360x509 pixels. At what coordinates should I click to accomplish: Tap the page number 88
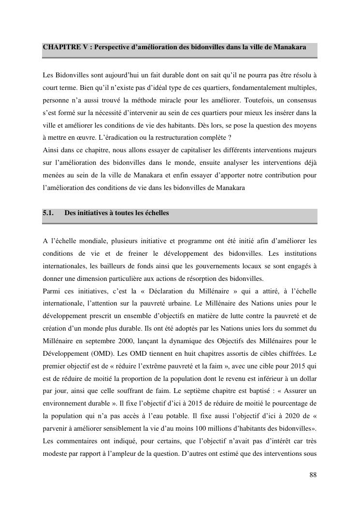click(x=313, y=475)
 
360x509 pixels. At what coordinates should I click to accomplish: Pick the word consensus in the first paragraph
click(x=300, y=100)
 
